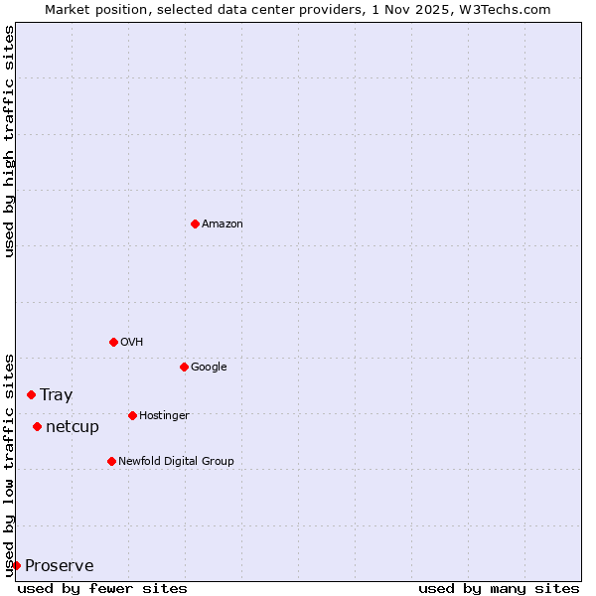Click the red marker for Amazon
coord(195,223)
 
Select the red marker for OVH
coord(113,342)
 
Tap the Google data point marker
coord(184,367)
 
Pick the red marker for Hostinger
coord(132,415)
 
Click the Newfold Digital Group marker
coord(111,461)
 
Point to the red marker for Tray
coord(31,394)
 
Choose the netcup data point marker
coord(37,426)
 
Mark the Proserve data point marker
coord(16,565)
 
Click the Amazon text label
coord(223,224)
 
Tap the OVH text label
coord(132,343)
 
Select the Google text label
coord(209,368)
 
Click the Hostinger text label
coord(164,416)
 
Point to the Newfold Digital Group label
coord(176,462)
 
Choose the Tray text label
coord(56,395)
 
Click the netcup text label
coord(73,427)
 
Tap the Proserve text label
coord(60,566)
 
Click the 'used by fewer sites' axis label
coord(102,588)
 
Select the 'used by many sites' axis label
coord(499,588)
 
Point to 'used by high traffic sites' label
coord(9,141)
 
